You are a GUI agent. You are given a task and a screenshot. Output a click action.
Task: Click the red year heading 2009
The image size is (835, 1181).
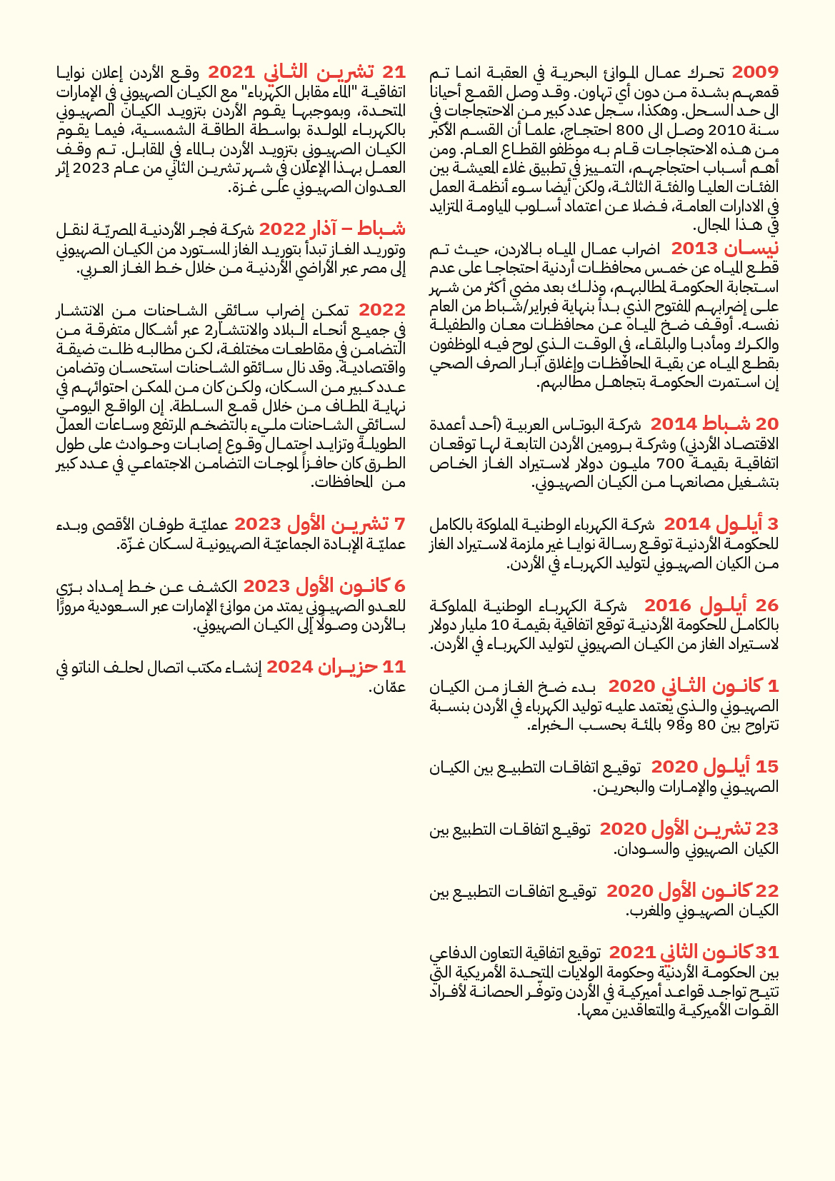coord(755,72)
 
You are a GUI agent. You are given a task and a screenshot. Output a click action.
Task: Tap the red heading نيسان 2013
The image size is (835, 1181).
coord(725,248)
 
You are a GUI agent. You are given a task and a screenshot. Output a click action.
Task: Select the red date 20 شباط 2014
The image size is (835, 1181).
coord(714,423)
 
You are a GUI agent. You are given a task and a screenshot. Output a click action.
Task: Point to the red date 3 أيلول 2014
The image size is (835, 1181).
coord(721,524)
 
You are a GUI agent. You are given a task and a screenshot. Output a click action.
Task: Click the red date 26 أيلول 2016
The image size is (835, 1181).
coord(711,605)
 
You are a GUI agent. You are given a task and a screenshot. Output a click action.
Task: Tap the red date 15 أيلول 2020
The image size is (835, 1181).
coord(714,767)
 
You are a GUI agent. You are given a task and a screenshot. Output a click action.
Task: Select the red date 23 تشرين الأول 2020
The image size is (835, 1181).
coord(689,829)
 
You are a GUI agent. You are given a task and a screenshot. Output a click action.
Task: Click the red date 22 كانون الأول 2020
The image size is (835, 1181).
coord(692,891)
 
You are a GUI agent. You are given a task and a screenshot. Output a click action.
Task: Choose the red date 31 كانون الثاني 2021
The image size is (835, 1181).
coord(694,953)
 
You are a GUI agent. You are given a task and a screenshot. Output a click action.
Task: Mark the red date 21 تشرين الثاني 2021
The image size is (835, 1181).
coord(307,72)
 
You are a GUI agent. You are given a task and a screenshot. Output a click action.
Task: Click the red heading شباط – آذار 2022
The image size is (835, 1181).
coord(332,229)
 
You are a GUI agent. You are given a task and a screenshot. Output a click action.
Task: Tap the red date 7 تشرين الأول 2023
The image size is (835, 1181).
coord(319,524)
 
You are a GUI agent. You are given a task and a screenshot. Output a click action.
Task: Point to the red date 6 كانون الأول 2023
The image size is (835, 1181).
coord(324,586)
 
